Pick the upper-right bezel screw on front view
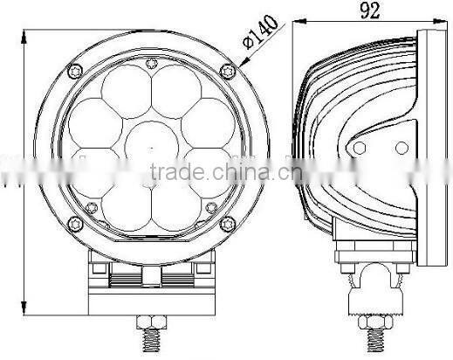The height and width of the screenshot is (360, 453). click(230, 70)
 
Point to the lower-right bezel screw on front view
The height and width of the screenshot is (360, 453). click(229, 224)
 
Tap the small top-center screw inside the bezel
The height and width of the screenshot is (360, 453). click(149, 61)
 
